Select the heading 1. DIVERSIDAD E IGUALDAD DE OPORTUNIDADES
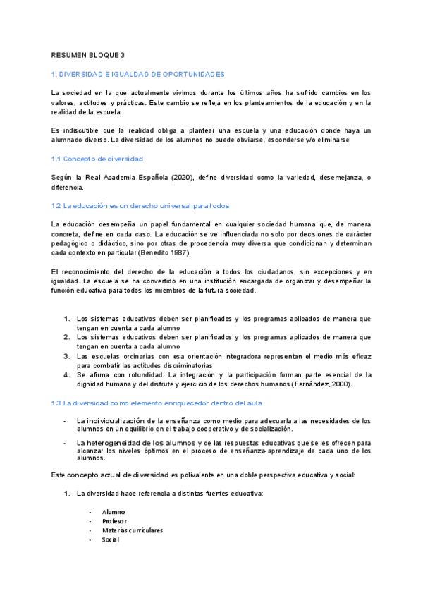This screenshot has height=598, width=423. tap(138, 73)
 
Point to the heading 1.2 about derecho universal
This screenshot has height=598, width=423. tap(141, 206)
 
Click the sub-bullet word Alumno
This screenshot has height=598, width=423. tap(114, 511)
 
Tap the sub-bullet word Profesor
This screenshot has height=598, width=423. tap(116, 521)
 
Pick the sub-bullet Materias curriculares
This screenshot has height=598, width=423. tap(133, 530)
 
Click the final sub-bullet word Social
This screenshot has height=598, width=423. tap(111, 539)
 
